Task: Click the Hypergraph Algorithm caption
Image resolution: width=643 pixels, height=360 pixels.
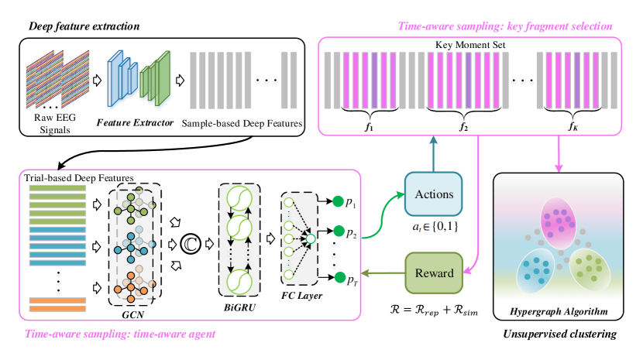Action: (x=558, y=313)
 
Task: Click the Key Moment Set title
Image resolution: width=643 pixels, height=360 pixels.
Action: (x=469, y=45)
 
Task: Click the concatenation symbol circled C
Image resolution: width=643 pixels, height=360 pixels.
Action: (x=189, y=245)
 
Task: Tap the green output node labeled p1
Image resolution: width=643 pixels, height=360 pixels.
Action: (x=338, y=203)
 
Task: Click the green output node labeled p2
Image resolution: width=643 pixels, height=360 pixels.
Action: (x=338, y=231)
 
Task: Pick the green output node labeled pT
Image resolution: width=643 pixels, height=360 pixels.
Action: (x=338, y=276)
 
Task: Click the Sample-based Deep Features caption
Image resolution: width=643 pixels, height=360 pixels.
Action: (x=242, y=123)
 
